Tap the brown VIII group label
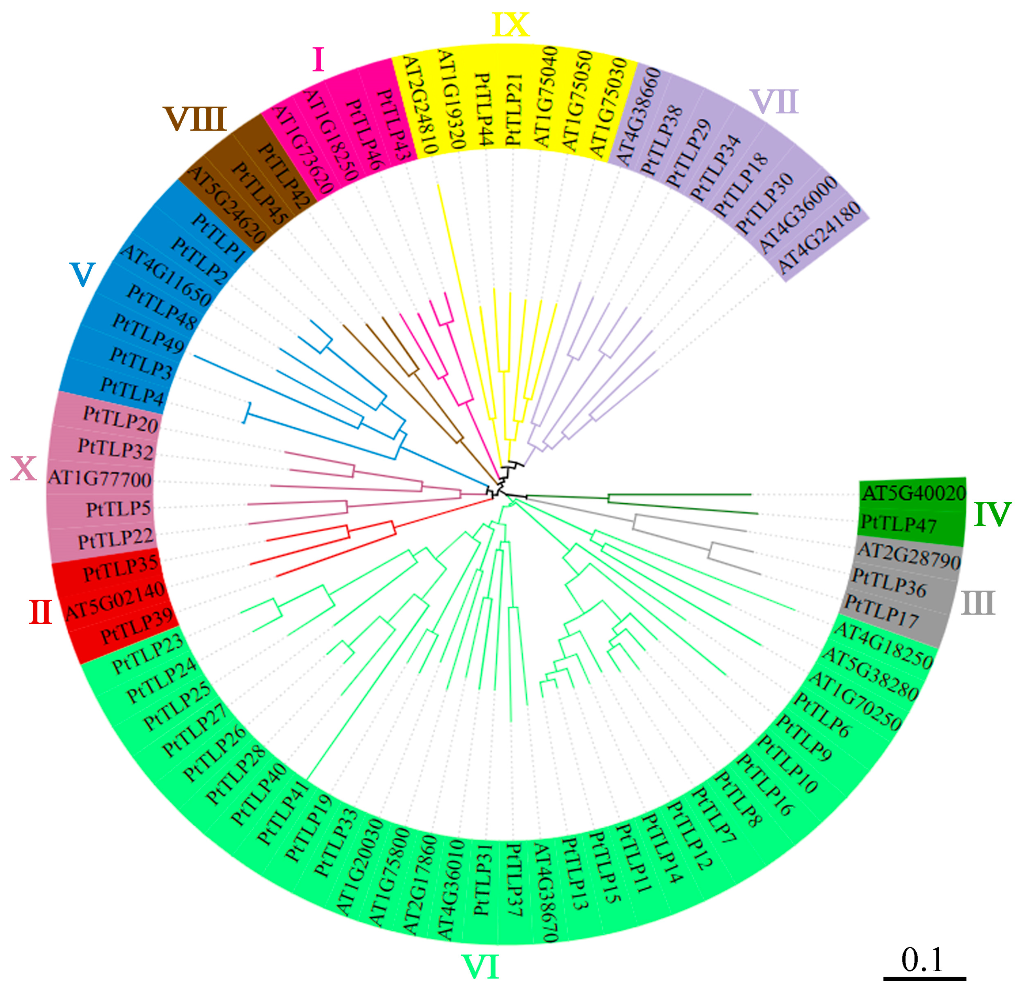click(x=195, y=119)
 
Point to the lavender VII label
click(x=774, y=101)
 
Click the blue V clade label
click(x=83, y=275)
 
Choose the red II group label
click(x=40, y=612)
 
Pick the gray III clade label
click(x=978, y=603)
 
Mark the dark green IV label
click(x=993, y=515)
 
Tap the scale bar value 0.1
click(x=922, y=959)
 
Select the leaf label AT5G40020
click(x=913, y=492)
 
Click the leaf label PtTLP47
click(x=898, y=523)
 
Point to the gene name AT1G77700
click(x=100, y=478)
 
